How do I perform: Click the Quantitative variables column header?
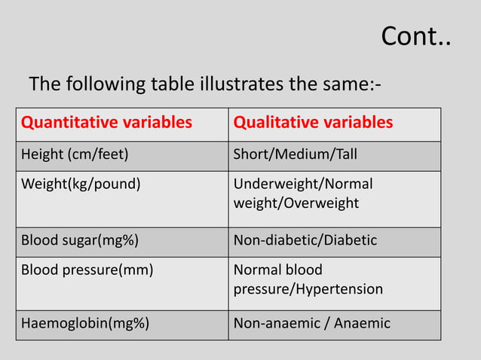click(106, 123)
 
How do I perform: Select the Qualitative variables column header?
click(313, 123)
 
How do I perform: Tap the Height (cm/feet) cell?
click(75, 155)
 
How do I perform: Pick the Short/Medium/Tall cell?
click(296, 155)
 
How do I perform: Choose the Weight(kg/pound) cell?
click(81, 185)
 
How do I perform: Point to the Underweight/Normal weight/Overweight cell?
click(303, 194)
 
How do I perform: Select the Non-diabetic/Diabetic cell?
click(305, 241)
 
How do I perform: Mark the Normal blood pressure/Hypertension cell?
click(308, 279)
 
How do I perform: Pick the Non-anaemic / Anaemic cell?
click(312, 324)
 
